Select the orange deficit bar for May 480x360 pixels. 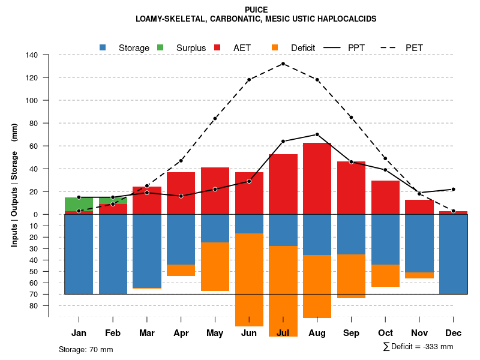[x=215, y=266]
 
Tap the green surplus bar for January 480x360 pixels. [x=79, y=204]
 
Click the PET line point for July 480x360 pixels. [x=283, y=64]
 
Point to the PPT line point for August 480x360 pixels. [x=317, y=134]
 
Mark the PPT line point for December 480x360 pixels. [x=454, y=189]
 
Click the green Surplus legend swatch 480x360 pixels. [x=161, y=47]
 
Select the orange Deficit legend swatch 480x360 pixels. [x=275, y=47]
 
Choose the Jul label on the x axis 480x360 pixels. [x=283, y=333]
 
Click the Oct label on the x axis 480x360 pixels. [x=385, y=333]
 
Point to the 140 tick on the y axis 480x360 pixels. [x=32, y=55]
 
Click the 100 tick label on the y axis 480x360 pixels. [x=32, y=101]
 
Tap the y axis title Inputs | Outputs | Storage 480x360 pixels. [x=14, y=185]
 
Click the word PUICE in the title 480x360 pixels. [x=256, y=10]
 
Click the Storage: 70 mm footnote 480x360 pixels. [x=86, y=349]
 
